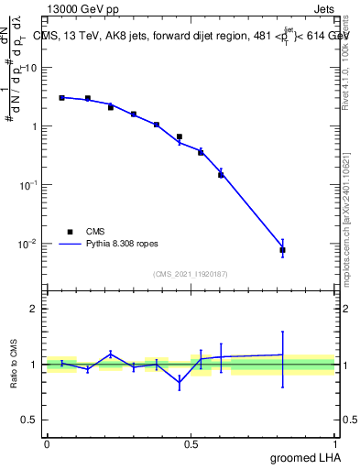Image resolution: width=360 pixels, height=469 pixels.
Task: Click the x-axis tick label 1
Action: pos(335,444)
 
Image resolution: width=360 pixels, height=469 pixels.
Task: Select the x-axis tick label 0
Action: pos(47,444)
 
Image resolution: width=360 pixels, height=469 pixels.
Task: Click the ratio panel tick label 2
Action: pos(35,309)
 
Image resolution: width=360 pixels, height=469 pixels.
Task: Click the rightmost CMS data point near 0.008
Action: pos(282,249)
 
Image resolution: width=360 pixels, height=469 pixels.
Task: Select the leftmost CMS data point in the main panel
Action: pos(61,97)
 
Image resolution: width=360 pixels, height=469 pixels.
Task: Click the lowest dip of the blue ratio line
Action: pos(180,384)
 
